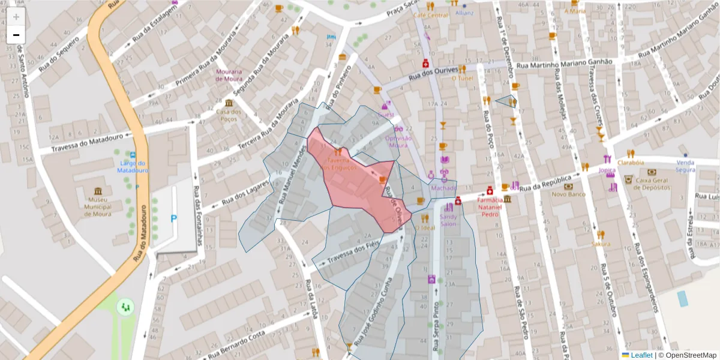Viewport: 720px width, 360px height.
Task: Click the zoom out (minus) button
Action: coord(16,35)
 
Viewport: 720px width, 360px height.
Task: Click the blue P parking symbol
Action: coord(174,219)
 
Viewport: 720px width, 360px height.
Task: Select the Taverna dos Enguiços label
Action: coord(339,164)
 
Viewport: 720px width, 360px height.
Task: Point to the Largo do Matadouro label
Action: coord(133,167)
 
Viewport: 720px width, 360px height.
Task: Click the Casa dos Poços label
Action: coord(229,115)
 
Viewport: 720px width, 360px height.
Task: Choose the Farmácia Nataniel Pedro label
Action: coord(490,207)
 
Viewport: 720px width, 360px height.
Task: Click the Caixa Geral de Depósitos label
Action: coord(652,183)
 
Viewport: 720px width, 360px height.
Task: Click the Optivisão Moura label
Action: coord(398,141)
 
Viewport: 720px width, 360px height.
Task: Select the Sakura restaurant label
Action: coord(601,244)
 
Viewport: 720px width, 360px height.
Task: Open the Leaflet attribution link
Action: coord(641,355)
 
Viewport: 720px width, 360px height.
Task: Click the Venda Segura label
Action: coord(685,166)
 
